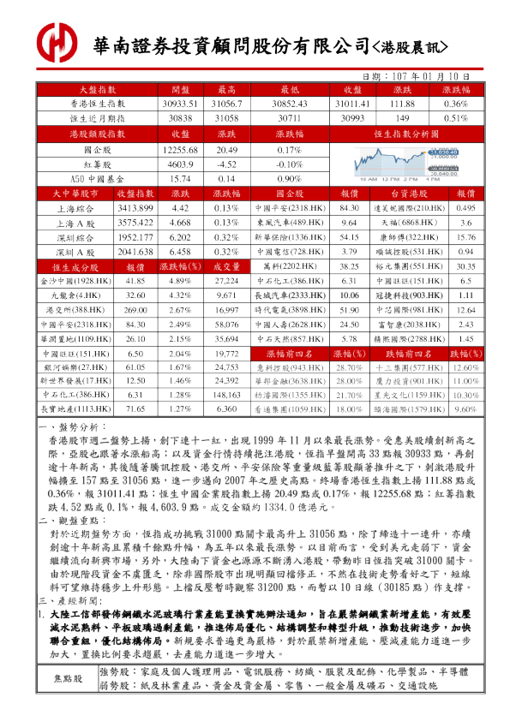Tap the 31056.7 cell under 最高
[226, 103]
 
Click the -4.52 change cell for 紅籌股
[226, 164]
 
